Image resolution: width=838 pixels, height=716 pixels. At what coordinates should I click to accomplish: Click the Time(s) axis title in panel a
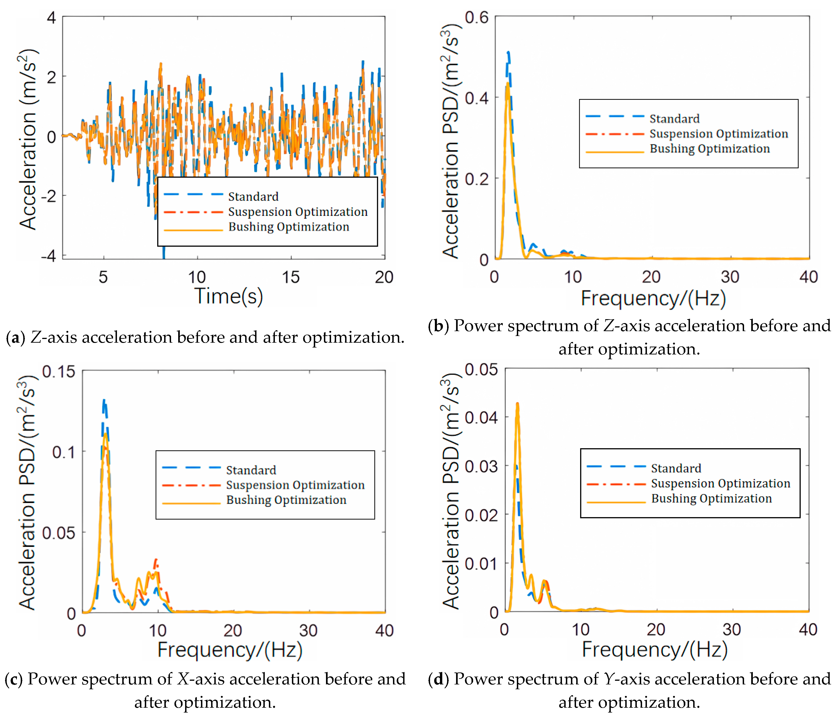pos(229,296)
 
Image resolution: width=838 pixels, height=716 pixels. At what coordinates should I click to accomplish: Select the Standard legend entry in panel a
pos(253,197)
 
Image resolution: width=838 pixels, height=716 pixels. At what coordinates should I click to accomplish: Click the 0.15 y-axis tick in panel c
pos(59,371)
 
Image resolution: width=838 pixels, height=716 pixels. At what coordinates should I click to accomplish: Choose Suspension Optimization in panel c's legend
pos(295,485)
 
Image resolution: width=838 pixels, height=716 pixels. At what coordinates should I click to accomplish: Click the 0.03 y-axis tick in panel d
pos(481,466)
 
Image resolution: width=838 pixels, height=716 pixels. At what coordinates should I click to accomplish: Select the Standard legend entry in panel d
pos(676,468)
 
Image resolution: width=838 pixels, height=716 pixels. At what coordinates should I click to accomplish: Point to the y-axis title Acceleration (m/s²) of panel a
pos(27,140)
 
